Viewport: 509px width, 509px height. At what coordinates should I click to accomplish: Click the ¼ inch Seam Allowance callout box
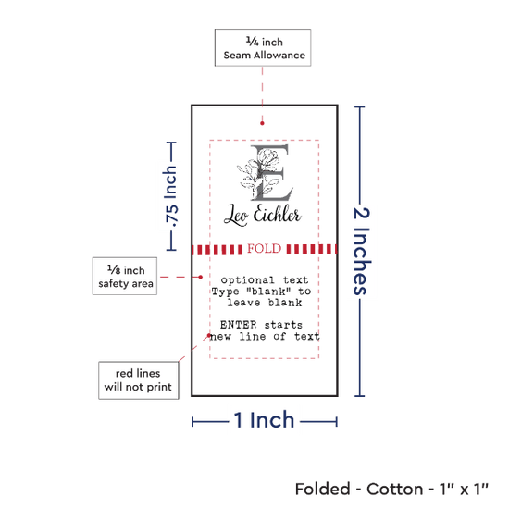tap(263, 48)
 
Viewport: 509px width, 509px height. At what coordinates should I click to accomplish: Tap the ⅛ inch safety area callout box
tap(125, 277)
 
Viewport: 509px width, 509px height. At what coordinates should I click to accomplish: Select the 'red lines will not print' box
tap(139, 380)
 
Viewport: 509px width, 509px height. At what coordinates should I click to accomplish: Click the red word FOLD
tap(265, 249)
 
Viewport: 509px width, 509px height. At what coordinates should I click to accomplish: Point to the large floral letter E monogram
tap(267, 173)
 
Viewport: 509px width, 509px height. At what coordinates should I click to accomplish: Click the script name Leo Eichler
tap(263, 215)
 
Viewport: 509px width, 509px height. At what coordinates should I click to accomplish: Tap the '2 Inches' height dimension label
tap(362, 251)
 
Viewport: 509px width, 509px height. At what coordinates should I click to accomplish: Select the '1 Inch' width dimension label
tap(265, 420)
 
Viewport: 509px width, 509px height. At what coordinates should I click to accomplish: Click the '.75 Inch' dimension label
tap(171, 196)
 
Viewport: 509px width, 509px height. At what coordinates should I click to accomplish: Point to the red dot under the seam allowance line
tap(262, 123)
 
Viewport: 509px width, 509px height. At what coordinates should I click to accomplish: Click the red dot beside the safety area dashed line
tap(201, 277)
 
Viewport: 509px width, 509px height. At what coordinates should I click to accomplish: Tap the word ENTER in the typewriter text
tap(238, 325)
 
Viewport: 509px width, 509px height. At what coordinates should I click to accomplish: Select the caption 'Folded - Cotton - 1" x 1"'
tap(391, 490)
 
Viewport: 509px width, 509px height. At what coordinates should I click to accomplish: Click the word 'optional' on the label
tap(247, 279)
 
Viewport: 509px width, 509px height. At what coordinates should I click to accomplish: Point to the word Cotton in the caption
tap(395, 490)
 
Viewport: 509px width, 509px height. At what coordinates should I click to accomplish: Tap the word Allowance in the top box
tap(279, 56)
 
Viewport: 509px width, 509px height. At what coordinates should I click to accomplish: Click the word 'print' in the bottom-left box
tap(159, 387)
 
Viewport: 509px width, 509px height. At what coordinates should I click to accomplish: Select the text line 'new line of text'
tap(265, 336)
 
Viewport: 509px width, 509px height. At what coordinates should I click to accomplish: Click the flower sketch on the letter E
tap(257, 174)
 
